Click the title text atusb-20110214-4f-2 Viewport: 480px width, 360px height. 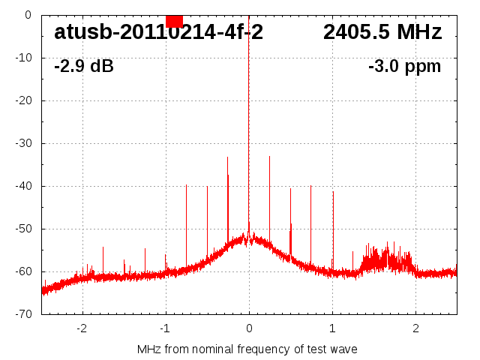158,32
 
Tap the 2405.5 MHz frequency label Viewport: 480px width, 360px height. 382,32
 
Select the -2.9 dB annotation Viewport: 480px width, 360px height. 84,66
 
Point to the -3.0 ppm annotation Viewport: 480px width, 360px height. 404,66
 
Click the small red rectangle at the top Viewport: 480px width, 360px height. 174,21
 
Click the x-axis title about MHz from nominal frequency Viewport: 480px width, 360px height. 247,349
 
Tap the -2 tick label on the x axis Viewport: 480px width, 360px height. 82,328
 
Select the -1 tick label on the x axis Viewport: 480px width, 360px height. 165,328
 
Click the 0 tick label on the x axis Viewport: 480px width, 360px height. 249,328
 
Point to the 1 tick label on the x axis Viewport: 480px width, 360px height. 332,328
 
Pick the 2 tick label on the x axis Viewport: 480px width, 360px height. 415,328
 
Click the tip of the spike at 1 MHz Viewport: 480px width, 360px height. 333,192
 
